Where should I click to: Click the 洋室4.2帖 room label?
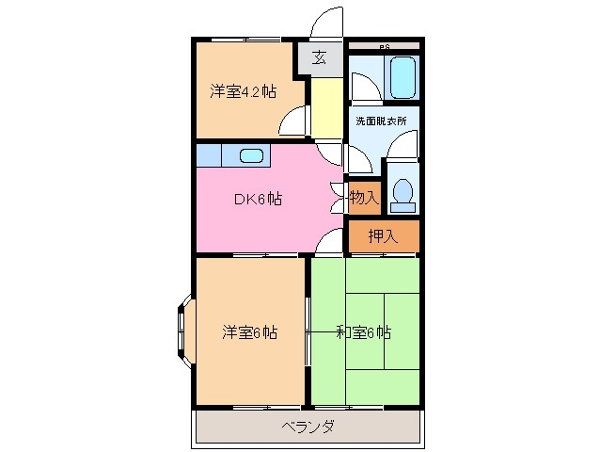click(x=243, y=91)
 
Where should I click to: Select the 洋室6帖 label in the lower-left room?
click(x=249, y=332)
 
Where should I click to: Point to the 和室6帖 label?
click(x=364, y=332)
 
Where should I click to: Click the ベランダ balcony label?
click(x=307, y=427)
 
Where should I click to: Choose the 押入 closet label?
click(x=383, y=235)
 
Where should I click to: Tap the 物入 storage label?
click(x=364, y=198)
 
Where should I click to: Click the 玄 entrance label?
click(x=320, y=57)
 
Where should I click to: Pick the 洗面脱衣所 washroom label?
click(x=381, y=121)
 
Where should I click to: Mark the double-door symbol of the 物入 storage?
click(x=338, y=198)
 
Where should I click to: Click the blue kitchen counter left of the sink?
click(x=209, y=154)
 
